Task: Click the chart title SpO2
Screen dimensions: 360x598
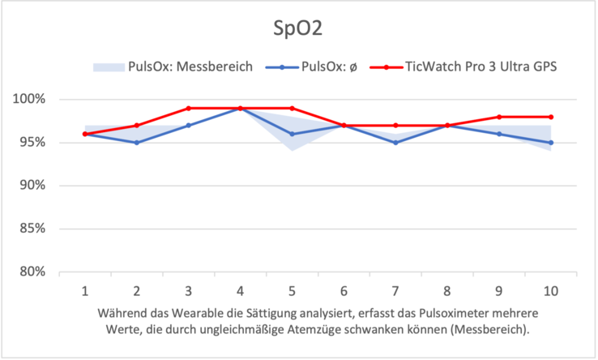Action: (299, 30)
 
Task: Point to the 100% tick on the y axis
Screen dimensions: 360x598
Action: (30, 100)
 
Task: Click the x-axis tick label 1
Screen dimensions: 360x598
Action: (84, 289)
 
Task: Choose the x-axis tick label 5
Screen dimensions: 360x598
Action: (292, 289)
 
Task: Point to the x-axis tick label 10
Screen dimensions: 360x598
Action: (550, 289)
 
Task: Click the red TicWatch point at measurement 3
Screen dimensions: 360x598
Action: (188, 108)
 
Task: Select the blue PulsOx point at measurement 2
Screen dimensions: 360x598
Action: (136, 143)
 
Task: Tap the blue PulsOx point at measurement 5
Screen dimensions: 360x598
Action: (292, 134)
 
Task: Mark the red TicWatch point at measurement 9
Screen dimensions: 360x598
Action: (499, 117)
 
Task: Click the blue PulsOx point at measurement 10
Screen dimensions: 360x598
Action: (551, 143)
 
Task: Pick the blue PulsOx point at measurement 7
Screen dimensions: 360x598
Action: (395, 143)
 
